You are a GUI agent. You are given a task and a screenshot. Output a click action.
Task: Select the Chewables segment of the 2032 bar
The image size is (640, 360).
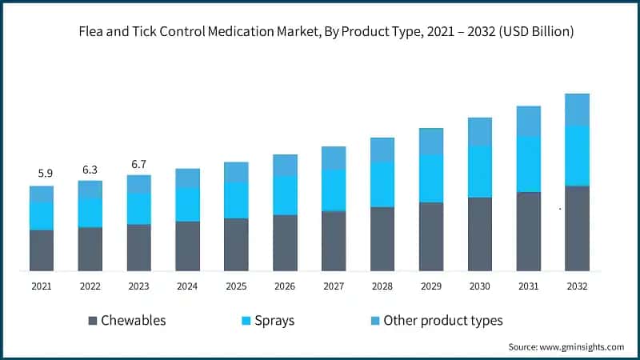point(577,229)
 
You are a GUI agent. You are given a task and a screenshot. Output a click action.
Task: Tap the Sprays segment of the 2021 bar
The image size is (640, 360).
point(42,216)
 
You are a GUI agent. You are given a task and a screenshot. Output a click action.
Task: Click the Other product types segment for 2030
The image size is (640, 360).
point(480,132)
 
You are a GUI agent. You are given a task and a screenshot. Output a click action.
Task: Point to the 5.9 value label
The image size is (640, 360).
point(46,173)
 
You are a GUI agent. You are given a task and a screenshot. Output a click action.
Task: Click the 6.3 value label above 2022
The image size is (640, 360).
point(90,170)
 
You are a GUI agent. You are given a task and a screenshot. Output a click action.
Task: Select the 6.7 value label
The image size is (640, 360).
point(139,164)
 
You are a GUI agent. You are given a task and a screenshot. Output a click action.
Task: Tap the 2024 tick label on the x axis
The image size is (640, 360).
point(187,286)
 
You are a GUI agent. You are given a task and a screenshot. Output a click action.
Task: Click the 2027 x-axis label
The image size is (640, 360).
point(334,286)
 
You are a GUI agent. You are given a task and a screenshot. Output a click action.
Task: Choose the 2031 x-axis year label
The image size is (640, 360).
point(528,286)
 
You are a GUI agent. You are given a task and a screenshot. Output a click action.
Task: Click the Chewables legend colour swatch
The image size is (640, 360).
point(92,321)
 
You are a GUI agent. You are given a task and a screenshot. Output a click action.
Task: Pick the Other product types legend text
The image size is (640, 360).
point(443,321)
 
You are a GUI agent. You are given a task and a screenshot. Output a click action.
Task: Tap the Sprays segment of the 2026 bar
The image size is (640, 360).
point(285,195)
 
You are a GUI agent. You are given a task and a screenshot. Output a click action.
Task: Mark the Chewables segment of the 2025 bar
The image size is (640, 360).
point(236,245)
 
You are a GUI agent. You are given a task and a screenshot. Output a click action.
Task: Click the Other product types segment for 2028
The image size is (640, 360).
point(382,150)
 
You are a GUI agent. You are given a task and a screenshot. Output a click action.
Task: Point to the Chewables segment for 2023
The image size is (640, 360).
point(139,248)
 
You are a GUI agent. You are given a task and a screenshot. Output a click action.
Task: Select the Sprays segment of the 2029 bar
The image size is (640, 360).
point(431,178)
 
